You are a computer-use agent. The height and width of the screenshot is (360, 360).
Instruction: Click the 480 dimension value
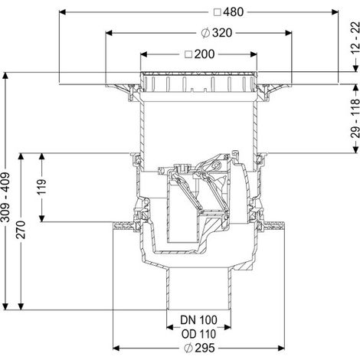point(234,12)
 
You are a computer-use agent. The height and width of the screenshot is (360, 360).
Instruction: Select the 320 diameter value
point(222,33)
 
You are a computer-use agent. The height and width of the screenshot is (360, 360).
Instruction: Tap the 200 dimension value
point(205,54)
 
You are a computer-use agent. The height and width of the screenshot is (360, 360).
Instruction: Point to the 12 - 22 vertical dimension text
point(355,38)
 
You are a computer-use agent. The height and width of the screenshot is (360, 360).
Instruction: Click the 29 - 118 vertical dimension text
point(355,119)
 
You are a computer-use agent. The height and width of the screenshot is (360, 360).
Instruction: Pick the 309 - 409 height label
point(5,198)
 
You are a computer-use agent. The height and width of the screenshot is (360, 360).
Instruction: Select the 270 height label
point(21,230)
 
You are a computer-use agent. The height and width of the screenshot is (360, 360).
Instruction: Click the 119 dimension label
point(41,187)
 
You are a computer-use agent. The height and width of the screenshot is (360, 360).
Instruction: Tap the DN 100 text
point(198,320)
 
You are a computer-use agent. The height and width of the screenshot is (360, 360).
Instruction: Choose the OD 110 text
point(198,334)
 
